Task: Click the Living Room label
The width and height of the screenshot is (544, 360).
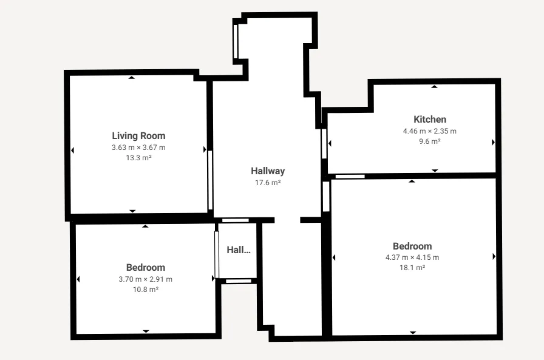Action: coord(138,136)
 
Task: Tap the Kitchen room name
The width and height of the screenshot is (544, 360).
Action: coord(430,120)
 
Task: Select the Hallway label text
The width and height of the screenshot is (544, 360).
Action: coord(268,171)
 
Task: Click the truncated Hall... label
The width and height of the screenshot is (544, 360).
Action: coord(239,250)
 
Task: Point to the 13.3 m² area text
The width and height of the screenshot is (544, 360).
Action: coord(138,158)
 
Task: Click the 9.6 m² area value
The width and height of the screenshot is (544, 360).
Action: coord(430,141)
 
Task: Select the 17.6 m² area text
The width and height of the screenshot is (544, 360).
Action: coord(268,183)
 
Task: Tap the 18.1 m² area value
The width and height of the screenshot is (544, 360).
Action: coord(412,268)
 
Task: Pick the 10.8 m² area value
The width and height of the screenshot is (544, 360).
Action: coord(146,290)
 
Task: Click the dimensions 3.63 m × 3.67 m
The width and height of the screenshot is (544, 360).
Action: coord(138,148)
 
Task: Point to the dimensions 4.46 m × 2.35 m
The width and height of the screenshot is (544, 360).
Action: coord(430,131)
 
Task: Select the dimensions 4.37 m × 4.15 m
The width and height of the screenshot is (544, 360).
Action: coord(412,257)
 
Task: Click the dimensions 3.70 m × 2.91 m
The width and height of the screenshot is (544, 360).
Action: coord(146,279)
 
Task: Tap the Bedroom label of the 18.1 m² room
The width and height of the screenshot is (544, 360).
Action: coord(412,246)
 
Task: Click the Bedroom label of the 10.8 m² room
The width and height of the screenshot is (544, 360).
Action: coord(146,267)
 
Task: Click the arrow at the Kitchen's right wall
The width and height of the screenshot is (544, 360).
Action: coord(493,142)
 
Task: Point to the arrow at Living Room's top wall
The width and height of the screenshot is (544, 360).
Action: coord(132,78)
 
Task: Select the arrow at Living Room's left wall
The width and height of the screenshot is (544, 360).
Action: coord(72,150)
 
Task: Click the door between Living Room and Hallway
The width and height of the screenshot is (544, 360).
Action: coord(210,180)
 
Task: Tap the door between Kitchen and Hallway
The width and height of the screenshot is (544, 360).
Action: coord(324,144)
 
